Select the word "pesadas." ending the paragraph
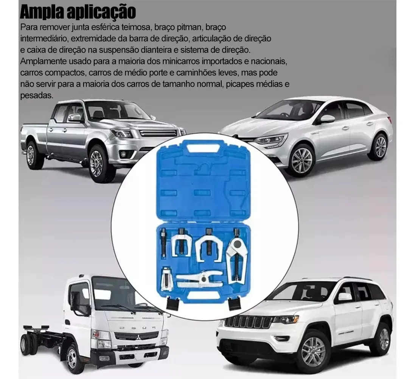point(37,96)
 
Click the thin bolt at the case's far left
point(163,242)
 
